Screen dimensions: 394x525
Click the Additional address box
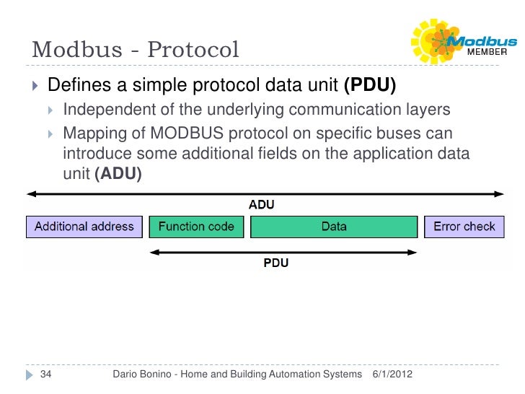click(x=84, y=227)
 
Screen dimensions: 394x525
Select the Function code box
click(x=196, y=227)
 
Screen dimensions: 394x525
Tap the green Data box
click(x=334, y=227)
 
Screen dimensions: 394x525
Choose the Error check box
click(x=464, y=227)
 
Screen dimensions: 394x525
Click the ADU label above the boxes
click(x=262, y=205)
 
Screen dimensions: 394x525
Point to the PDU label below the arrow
click(x=275, y=263)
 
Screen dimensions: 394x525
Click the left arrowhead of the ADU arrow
click(x=31, y=193)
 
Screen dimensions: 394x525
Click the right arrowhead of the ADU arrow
click(x=498, y=193)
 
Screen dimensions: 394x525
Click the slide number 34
click(x=45, y=375)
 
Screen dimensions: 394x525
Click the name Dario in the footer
click(x=130, y=375)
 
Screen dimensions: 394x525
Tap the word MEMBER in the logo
click(x=488, y=53)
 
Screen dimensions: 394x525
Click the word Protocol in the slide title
click(x=193, y=51)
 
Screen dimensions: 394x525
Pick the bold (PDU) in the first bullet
click(x=370, y=86)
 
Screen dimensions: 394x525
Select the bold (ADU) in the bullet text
click(x=118, y=174)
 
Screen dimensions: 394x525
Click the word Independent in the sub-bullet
click(x=105, y=110)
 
